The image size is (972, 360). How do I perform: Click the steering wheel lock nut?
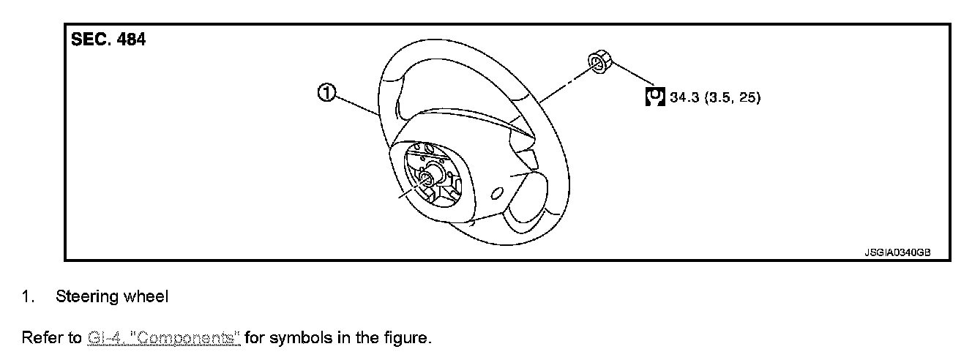[599, 63]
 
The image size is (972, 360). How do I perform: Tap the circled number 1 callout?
[326, 93]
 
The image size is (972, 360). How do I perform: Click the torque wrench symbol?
[655, 97]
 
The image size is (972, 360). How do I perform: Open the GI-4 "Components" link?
[164, 338]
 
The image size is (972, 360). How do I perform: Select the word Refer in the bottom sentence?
[41, 338]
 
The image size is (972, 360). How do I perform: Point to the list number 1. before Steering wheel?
[28, 297]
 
